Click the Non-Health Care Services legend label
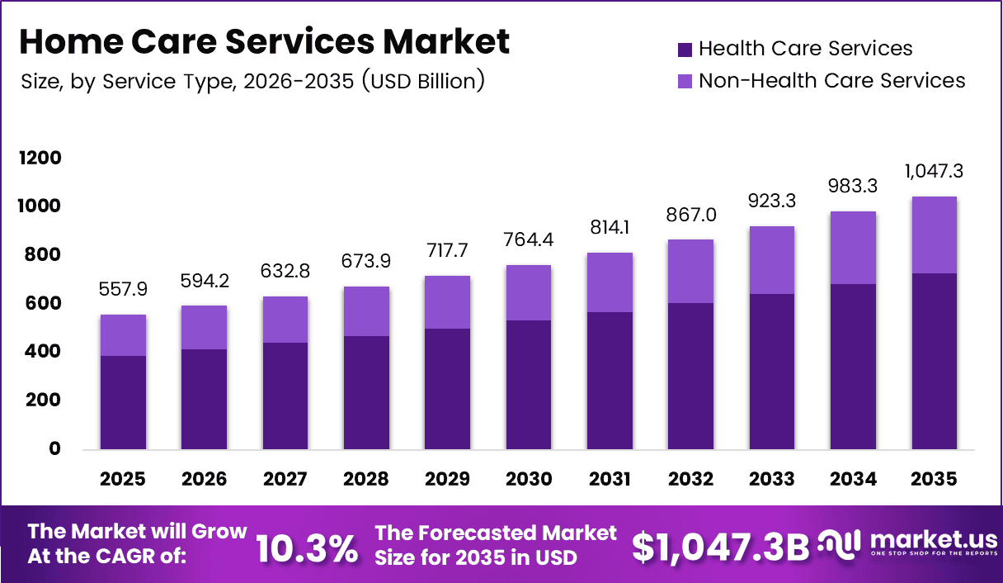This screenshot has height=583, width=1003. click(831, 81)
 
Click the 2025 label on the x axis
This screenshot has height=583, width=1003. click(123, 480)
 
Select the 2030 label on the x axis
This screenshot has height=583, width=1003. click(529, 480)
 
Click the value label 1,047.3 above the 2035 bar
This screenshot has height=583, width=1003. click(934, 172)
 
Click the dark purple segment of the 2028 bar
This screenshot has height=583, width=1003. click(366, 392)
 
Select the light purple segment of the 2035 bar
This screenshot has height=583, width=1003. click(934, 235)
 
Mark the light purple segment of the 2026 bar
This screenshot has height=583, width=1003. click(204, 328)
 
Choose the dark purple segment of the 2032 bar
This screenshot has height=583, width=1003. click(690, 376)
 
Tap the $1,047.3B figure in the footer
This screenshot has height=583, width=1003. click(720, 547)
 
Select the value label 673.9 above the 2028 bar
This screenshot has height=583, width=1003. click(366, 262)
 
